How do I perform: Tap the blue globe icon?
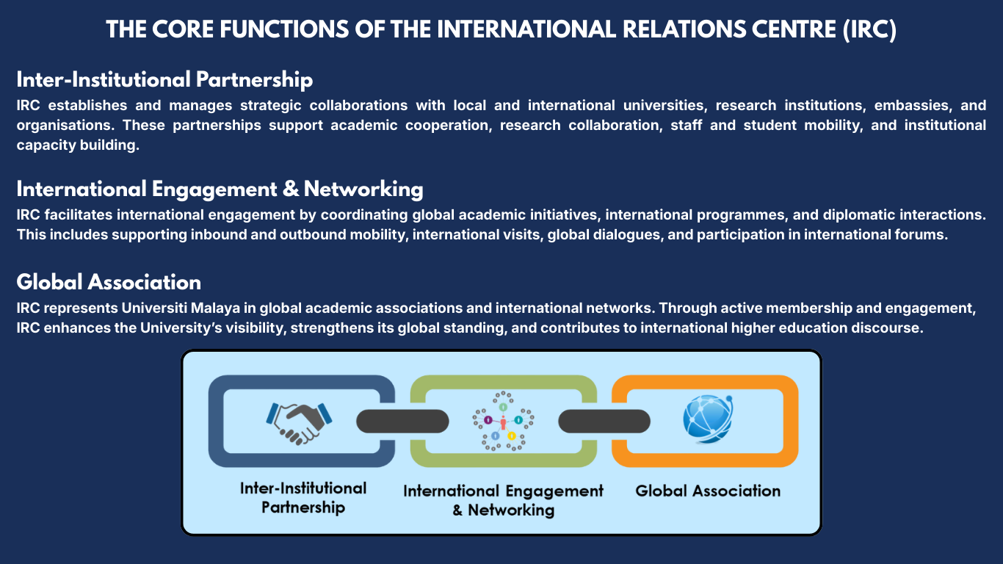click(707, 420)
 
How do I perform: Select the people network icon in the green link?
click(503, 421)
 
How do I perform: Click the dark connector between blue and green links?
click(402, 421)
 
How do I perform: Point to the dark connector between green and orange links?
click(604, 421)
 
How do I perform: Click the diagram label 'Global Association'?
click(707, 491)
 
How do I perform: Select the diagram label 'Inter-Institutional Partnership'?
click(303, 497)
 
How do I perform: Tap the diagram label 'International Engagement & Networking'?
click(503, 500)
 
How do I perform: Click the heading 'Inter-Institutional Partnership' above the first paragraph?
click(164, 79)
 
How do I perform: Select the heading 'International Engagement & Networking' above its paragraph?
click(220, 189)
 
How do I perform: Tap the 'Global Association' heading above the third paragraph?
click(109, 282)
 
